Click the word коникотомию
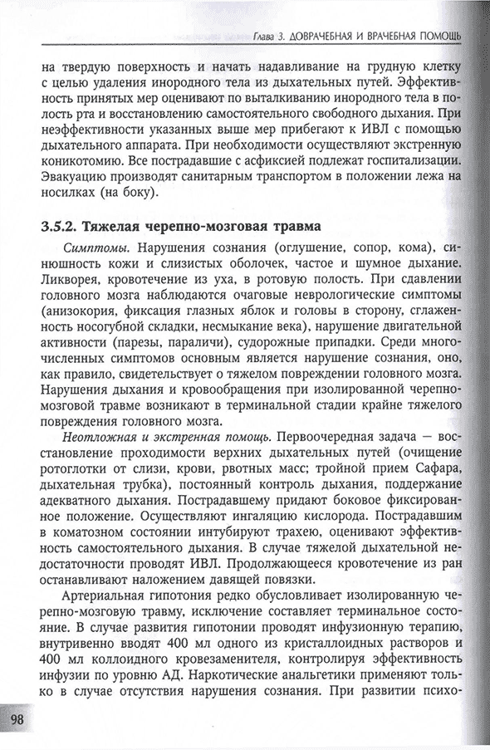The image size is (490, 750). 80,159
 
